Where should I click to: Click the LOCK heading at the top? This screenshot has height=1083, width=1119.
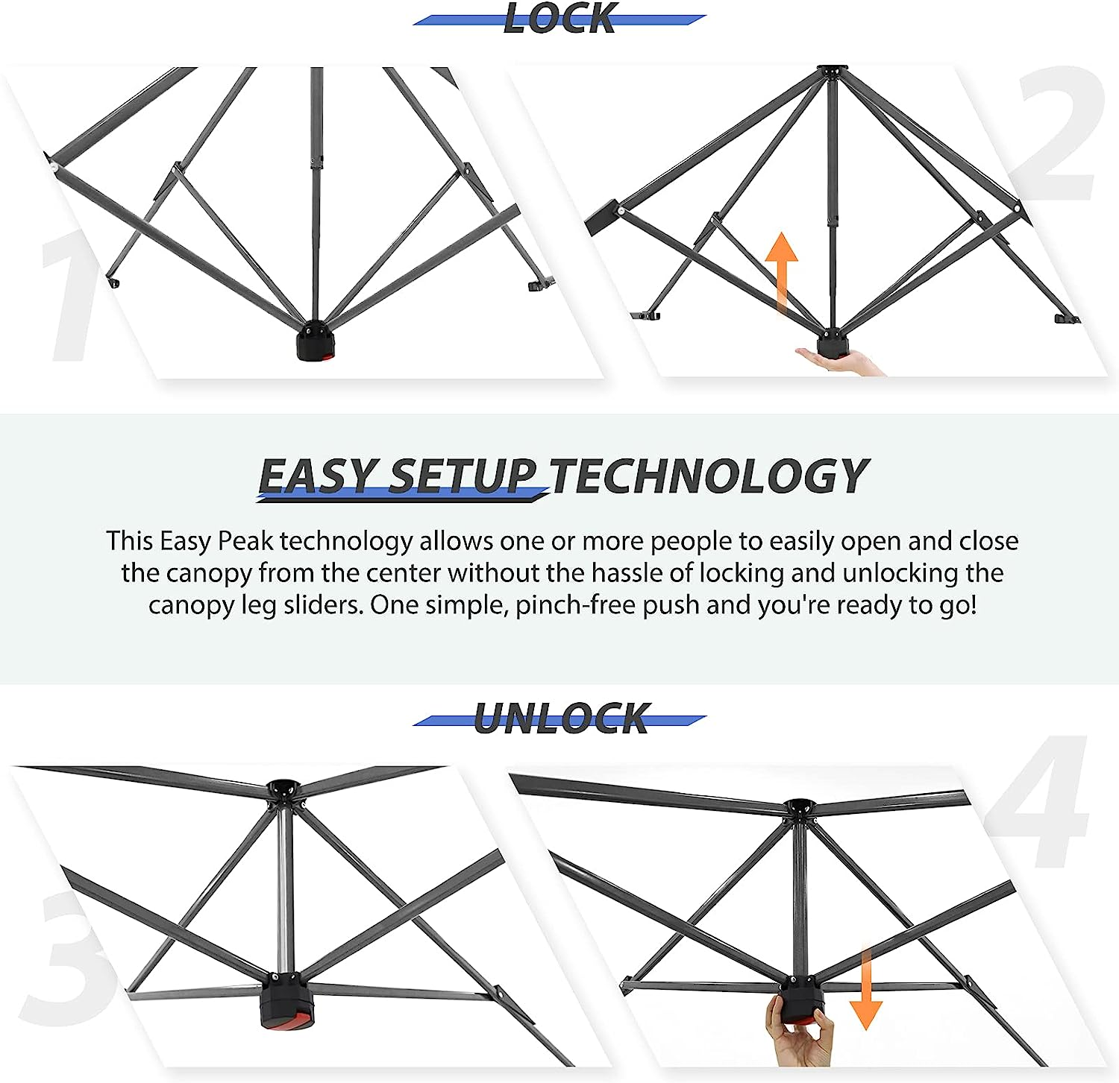[559, 18]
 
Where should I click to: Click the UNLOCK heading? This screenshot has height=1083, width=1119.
[562, 719]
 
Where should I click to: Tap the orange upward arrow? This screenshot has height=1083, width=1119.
[781, 272]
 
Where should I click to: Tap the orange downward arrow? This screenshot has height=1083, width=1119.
[866, 988]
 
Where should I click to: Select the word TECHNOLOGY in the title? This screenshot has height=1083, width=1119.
[709, 476]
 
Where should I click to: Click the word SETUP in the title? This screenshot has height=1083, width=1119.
[463, 476]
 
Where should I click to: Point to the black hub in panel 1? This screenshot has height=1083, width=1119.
[316, 341]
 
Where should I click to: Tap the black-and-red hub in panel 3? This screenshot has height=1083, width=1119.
[287, 1000]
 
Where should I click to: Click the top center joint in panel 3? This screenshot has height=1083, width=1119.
[284, 791]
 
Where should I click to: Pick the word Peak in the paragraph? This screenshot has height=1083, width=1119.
[245, 541]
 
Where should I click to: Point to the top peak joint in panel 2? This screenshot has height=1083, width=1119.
[832, 72]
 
